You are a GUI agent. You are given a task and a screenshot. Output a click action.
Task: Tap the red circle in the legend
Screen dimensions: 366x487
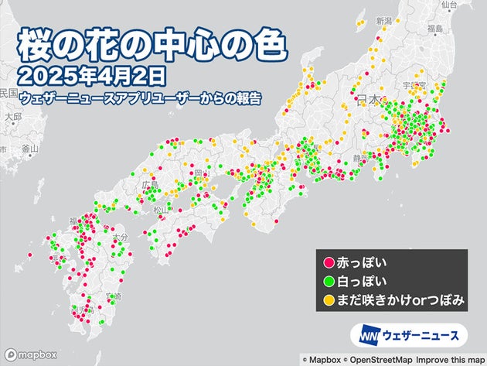[x=329, y=263]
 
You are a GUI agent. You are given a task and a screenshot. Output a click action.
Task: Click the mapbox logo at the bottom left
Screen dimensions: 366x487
[x=29, y=354]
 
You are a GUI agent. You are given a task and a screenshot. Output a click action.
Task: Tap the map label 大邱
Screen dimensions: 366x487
[x=12, y=118]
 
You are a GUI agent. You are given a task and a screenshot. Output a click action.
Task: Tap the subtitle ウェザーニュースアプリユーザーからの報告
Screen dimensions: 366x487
[x=140, y=97]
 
